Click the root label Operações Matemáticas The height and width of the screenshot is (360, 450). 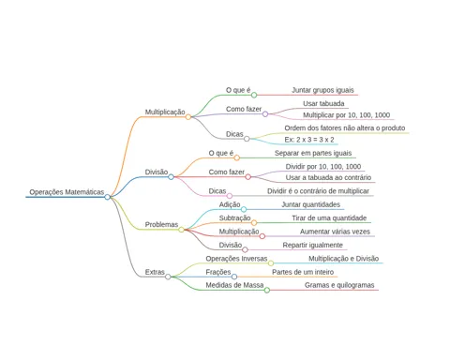(67, 192)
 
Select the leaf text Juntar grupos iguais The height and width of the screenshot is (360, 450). (322, 90)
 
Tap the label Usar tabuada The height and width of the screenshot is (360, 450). (323, 103)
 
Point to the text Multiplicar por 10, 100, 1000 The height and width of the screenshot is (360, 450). (346, 115)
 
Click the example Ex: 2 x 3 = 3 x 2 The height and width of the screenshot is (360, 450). (309, 140)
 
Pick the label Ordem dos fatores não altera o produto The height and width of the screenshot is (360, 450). (345, 128)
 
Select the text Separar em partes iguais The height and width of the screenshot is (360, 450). (313, 153)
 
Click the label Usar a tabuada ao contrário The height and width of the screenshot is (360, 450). (328, 177)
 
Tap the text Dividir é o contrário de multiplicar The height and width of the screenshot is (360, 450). (318, 191)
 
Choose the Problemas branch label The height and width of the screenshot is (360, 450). (161, 224)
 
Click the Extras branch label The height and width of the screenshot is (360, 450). (155, 272)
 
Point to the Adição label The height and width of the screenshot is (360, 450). (230, 204)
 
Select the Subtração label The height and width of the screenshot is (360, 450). (234, 218)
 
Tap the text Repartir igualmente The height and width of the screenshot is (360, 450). (313, 245)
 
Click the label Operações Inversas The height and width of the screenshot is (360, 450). (236, 259)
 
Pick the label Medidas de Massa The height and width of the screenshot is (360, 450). (234, 285)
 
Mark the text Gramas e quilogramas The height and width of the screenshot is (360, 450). (339, 285)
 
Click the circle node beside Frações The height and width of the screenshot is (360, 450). (234, 277)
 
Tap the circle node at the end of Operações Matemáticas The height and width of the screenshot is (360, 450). (108, 197)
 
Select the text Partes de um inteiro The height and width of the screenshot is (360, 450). (303, 272)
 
